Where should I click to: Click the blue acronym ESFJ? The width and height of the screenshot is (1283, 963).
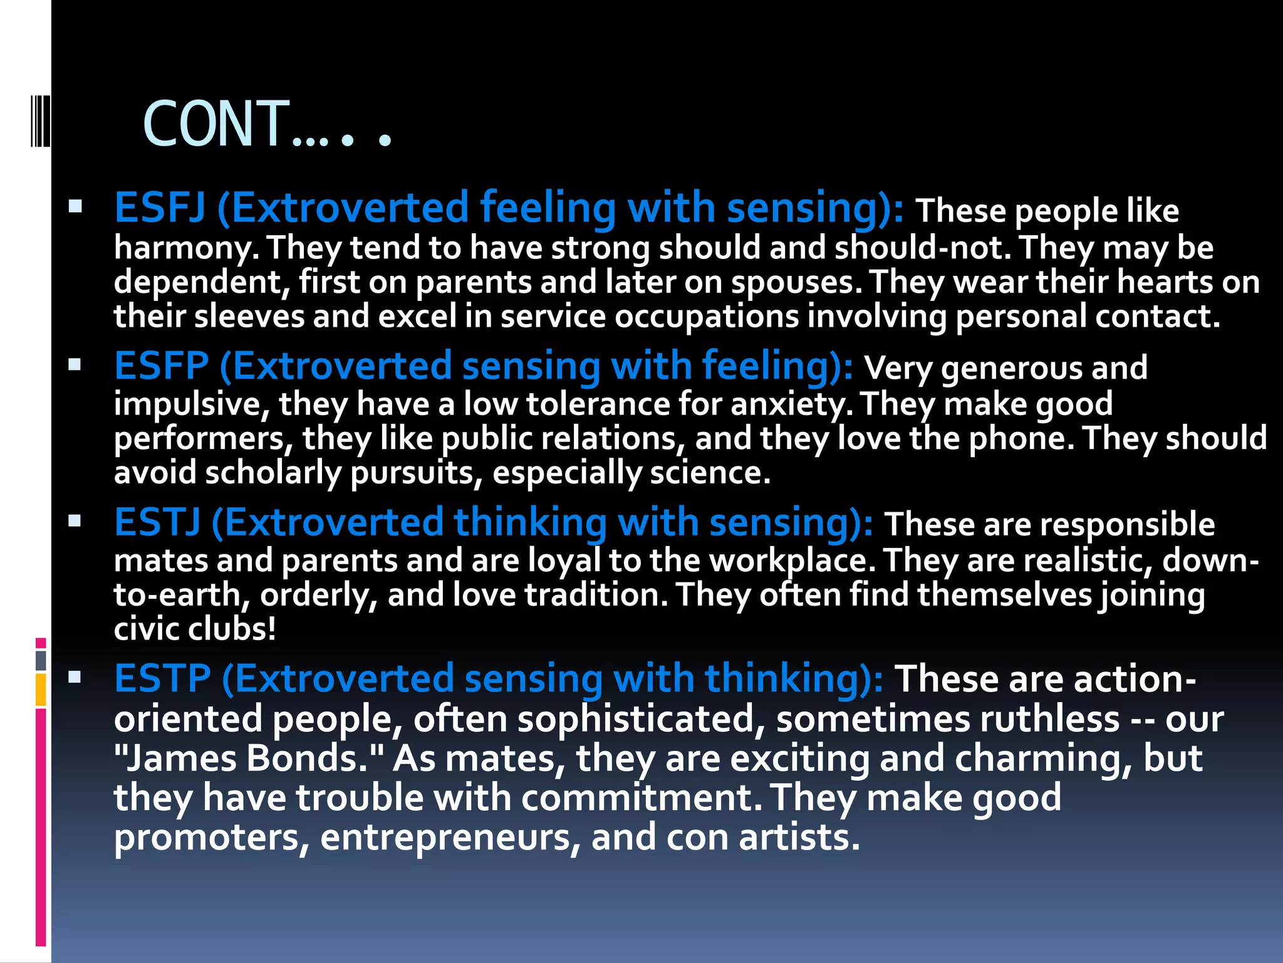159,208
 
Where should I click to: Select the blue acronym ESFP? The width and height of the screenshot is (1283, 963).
161,366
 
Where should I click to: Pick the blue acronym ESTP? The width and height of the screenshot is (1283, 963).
162,679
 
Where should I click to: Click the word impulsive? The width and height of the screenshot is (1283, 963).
191,404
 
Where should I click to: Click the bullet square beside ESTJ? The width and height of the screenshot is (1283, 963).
75,520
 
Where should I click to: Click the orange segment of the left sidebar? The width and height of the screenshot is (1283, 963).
41,690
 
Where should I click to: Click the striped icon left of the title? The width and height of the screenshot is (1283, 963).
40,120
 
